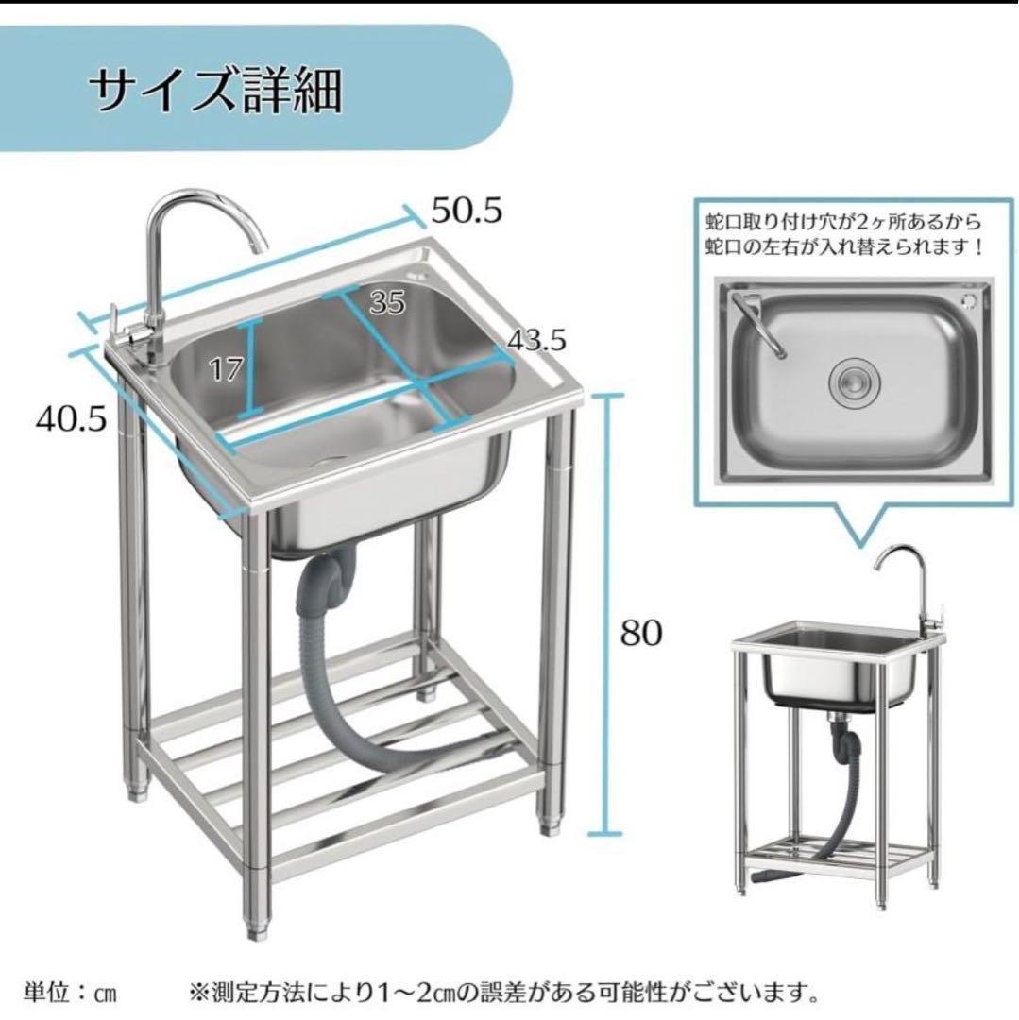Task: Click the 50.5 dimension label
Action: [x=467, y=210]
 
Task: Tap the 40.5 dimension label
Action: [x=71, y=418]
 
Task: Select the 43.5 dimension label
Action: [x=536, y=340]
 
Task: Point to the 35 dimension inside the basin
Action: [x=387, y=302]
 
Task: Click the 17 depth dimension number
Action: [x=226, y=369]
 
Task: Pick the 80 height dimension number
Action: [x=640, y=632]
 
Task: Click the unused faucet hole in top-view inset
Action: [x=968, y=300]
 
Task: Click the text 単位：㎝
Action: [x=70, y=993]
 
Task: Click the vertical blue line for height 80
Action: [x=606, y=614]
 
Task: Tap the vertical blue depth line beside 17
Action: [x=249, y=368]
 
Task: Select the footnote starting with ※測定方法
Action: [x=503, y=993]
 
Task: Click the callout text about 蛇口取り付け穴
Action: [x=844, y=235]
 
